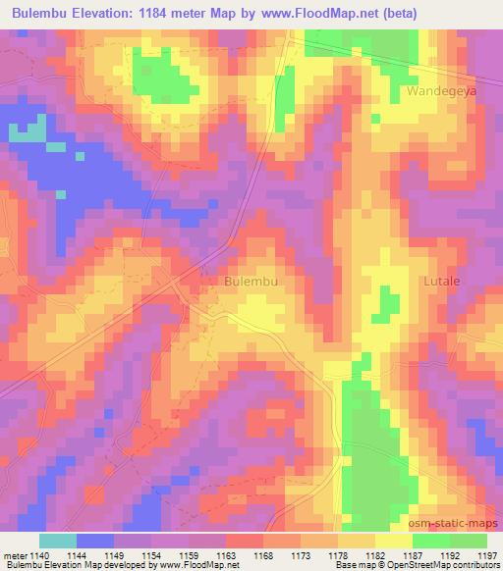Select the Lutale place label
click(441, 282)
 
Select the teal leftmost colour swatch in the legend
click(58, 541)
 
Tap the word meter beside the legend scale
click(15, 555)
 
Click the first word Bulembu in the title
click(38, 14)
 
